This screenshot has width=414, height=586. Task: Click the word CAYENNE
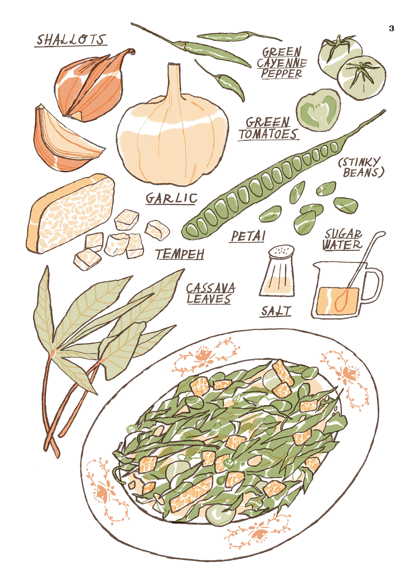pos(282,63)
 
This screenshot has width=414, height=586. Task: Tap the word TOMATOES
pos(269,134)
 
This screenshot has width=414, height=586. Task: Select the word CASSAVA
pos(211,288)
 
